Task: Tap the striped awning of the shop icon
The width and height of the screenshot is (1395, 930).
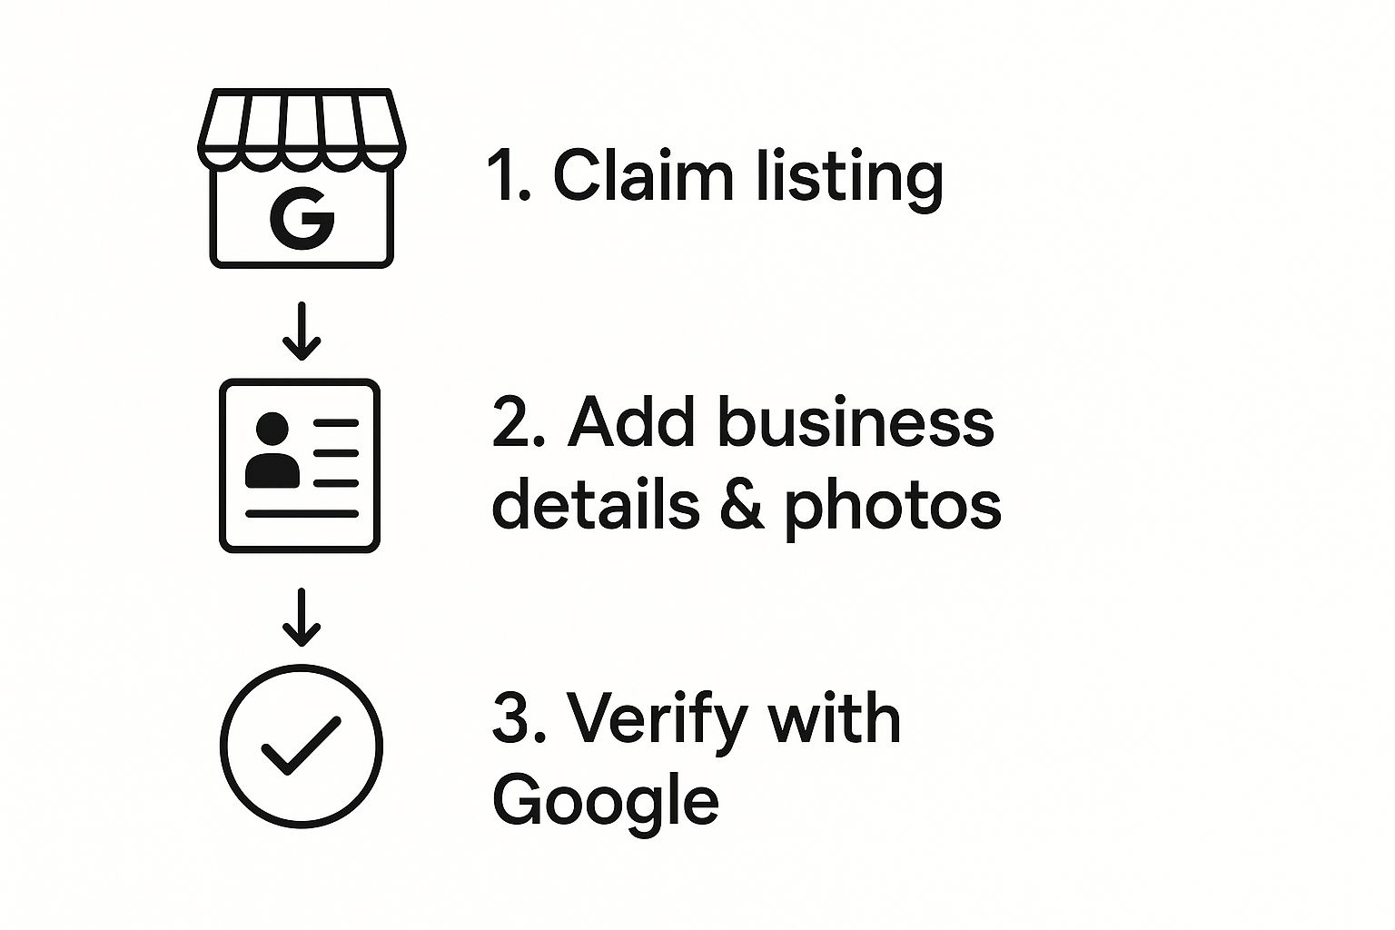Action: [302, 127]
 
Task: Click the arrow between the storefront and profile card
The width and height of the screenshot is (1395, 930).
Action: [302, 332]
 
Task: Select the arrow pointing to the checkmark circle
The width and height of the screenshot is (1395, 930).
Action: [302, 618]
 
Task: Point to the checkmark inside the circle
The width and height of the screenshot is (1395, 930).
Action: [301, 746]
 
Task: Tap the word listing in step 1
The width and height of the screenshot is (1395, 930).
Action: [850, 177]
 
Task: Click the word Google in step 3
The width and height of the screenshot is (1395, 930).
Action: [605, 801]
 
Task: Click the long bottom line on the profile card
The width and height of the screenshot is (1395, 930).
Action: [302, 513]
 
